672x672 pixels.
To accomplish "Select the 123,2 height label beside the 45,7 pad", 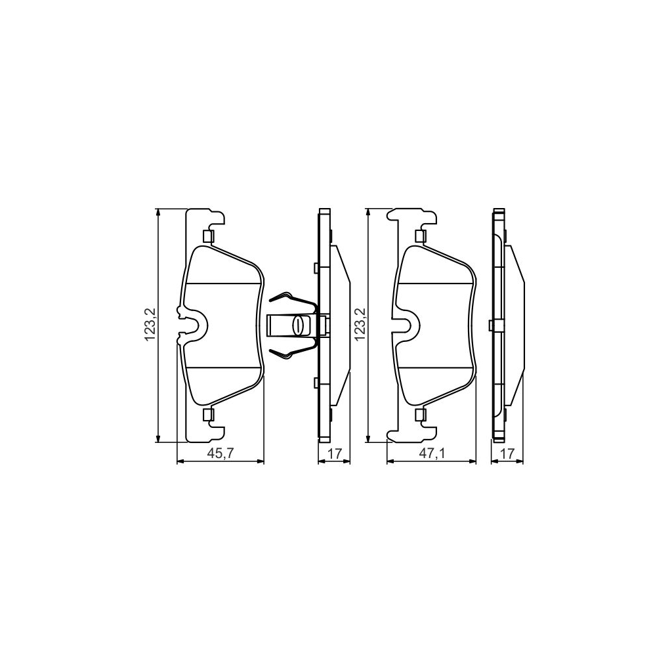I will click(x=150, y=325).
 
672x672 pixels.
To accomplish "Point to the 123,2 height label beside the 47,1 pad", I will click(x=360, y=325).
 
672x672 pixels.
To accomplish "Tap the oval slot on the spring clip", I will click(x=299, y=325).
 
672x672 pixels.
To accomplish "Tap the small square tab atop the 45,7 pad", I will click(x=209, y=236).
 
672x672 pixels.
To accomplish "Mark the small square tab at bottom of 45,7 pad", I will click(x=209, y=414).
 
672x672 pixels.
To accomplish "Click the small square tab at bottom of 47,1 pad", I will click(x=421, y=414).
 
